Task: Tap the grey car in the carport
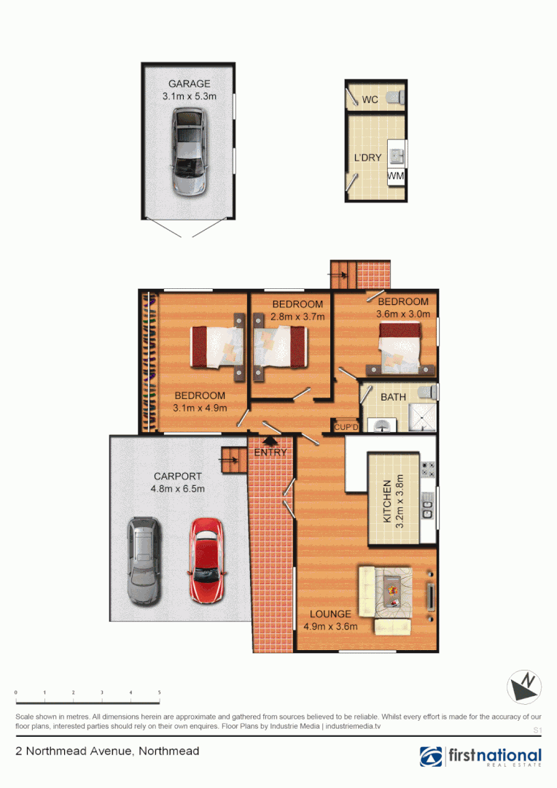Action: tap(143, 560)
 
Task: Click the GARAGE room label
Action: tap(189, 84)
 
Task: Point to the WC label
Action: tap(370, 100)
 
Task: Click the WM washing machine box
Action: tap(396, 176)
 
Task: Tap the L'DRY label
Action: tap(367, 158)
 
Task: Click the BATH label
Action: tap(394, 397)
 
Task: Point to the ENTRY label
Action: tap(270, 452)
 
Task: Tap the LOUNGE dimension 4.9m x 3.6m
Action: tap(330, 626)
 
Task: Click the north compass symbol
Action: tap(525, 687)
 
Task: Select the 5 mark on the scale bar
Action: tap(159, 692)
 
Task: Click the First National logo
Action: tap(480, 757)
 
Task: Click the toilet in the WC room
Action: tap(394, 97)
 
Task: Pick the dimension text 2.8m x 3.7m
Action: tap(297, 316)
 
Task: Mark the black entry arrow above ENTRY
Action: tap(270, 440)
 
